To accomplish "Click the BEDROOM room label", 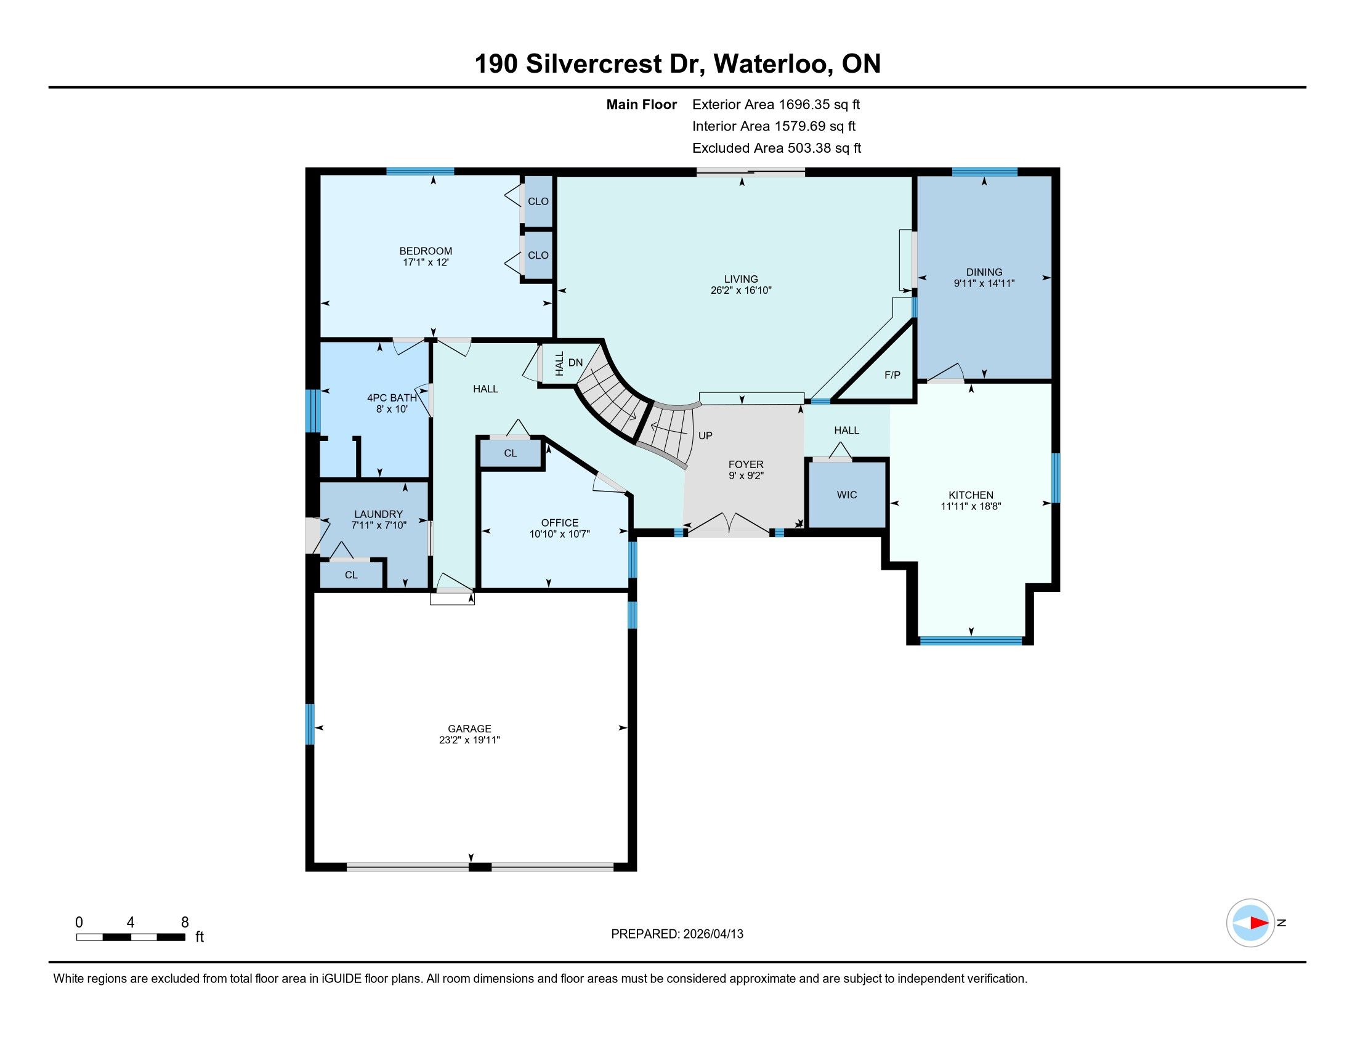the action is (426, 251).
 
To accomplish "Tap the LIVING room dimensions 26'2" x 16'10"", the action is (741, 290).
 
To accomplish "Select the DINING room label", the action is (984, 272).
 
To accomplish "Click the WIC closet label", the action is (847, 495).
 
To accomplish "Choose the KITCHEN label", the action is (971, 495).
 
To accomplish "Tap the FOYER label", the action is (746, 464).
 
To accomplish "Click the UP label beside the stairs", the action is (705, 436).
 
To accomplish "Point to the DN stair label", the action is (576, 363).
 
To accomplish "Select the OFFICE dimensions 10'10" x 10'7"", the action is (560, 534).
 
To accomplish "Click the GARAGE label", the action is (470, 729).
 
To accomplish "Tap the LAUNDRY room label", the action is (378, 514).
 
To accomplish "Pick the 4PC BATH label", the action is (392, 398).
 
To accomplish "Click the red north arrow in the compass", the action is (1259, 923).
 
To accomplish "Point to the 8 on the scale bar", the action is (184, 923).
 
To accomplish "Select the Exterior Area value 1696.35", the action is (805, 105).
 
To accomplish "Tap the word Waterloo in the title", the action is (773, 64).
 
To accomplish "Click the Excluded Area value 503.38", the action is (811, 148).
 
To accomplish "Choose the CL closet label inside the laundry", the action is (351, 575).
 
